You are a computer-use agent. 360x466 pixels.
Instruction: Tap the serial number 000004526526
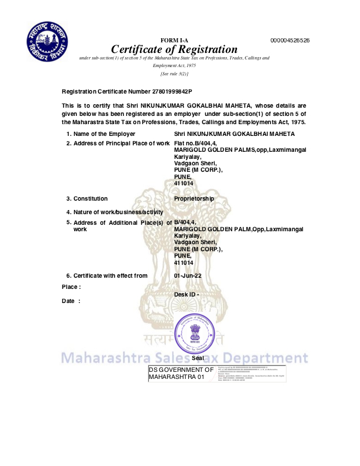click(x=290, y=40)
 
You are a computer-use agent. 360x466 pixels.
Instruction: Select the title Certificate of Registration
click(x=174, y=49)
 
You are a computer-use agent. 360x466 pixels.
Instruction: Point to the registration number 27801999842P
click(x=168, y=92)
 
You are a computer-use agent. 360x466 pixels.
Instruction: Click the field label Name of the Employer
click(x=104, y=134)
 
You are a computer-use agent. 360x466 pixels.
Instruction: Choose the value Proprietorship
click(x=194, y=198)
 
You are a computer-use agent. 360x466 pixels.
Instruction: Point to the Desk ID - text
click(x=187, y=294)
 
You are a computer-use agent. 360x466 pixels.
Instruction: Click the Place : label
click(x=71, y=287)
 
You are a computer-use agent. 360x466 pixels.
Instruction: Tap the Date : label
click(x=71, y=301)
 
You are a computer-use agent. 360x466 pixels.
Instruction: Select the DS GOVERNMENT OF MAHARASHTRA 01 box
click(x=181, y=373)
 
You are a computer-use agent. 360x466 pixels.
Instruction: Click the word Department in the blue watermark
click(x=268, y=358)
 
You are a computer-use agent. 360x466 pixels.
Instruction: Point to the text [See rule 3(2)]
click(x=174, y=74)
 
